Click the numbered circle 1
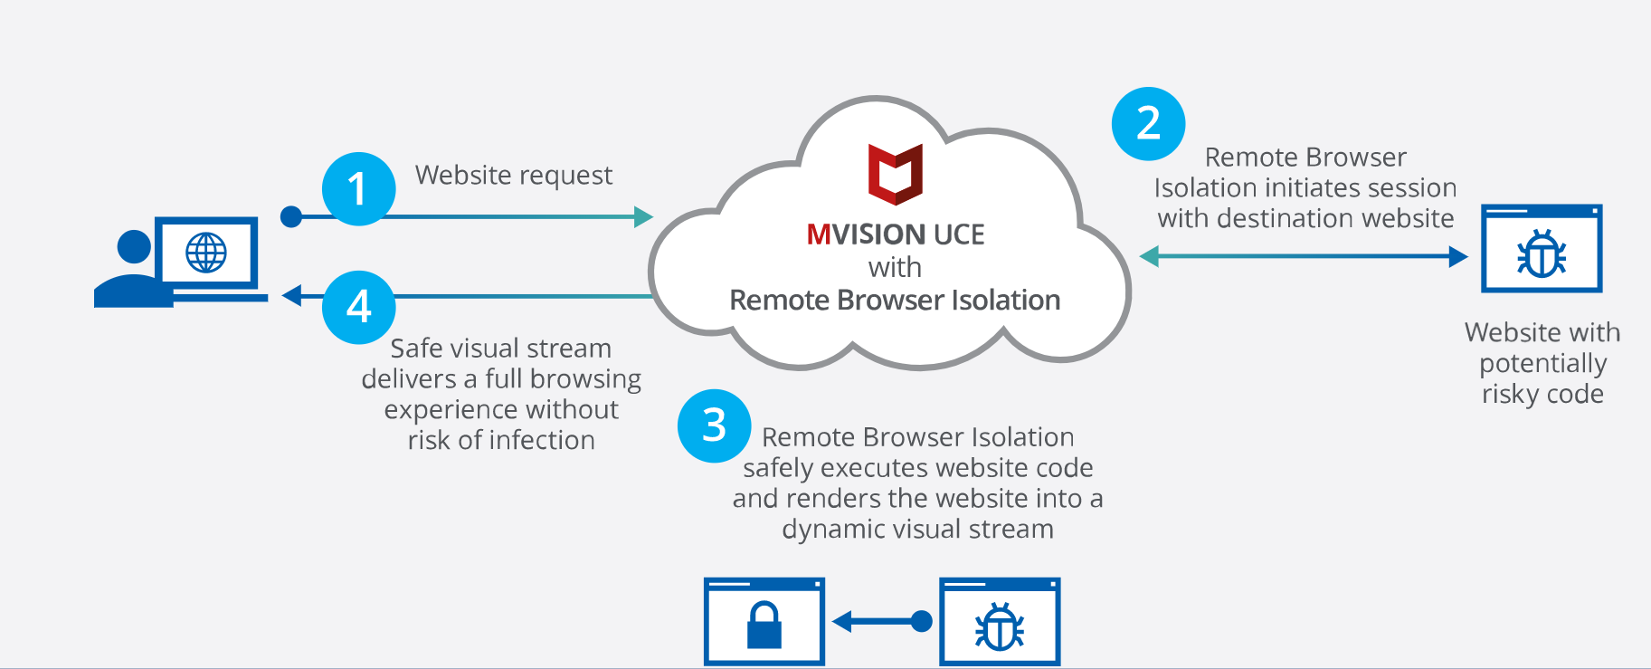[x=358, y=189]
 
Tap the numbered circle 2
[x=1148, y=124]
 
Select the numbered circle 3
[x=714, y=425]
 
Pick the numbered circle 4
[x=358, y=307]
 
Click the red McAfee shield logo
[x=895, y=174]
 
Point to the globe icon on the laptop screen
[x=206, y=253]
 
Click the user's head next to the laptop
[x=134, y=246]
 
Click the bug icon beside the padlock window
[x=1000, y=626]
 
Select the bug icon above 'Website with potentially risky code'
[x=1542, y=254]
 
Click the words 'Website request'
[x=513, y=176]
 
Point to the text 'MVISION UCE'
[x=895, y=234]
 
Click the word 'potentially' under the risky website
[x=1542, y=364]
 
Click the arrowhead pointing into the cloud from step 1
[x=643, y=217]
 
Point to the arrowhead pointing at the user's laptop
[x=291, y=296]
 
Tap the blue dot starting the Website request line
[x=291, y=217]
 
